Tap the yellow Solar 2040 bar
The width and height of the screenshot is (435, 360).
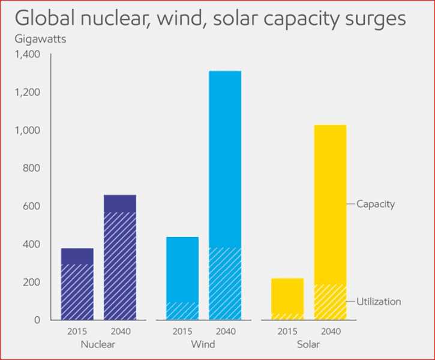pyautogui.click(x=330, y=222)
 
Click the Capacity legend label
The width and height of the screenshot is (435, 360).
pyautogui.click(x=376, y=204)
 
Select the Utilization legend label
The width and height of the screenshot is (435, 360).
pyautogui.click(x=379, y=302)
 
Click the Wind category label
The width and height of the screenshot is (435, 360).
pyautogui.click(x=203, y=345)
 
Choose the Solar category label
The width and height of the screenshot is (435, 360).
pyautogui.click(x=308, y=345)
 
